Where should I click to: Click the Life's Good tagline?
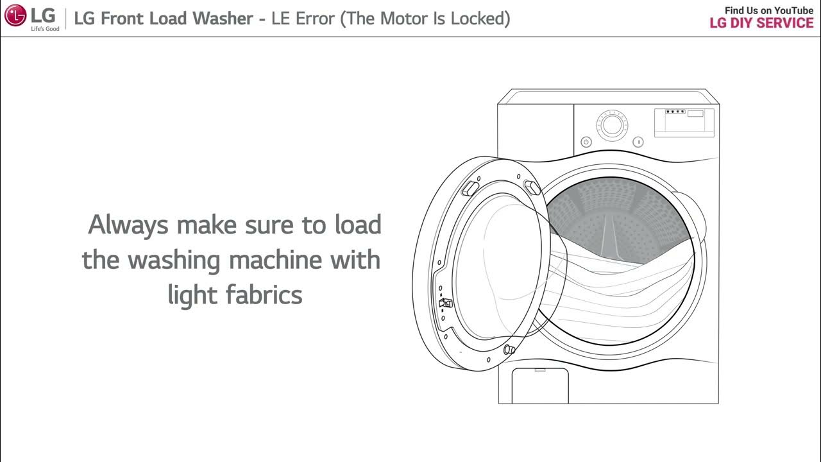45,29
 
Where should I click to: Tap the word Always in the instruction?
128,225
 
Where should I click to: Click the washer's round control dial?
612,125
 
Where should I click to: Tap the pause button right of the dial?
638,142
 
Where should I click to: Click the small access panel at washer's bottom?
539,385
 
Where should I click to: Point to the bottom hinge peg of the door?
509,350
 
